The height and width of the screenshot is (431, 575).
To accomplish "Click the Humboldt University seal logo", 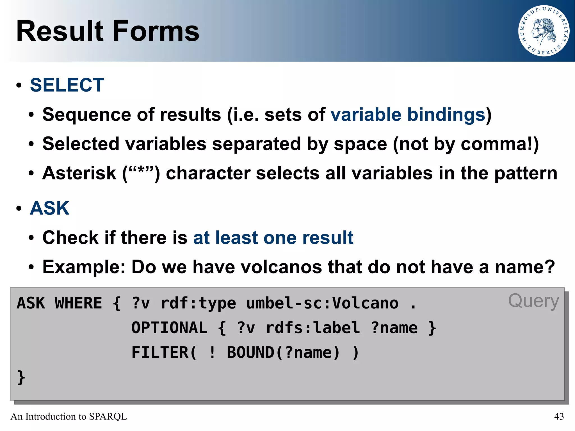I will (x=544, y=31).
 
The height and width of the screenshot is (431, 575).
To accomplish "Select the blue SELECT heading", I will (x=67, y=85).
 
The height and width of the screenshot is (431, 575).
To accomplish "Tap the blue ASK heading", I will (x=49, y=208).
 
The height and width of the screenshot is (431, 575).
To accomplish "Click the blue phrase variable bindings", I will (x=408, y=115).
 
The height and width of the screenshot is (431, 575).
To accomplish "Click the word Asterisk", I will (x=79, y=173).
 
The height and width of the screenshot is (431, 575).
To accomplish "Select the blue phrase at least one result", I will (x=273, y=238).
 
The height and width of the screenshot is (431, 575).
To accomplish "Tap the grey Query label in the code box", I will (x=533, y=301).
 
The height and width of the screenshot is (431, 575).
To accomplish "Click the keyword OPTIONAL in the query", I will (x=169, y=328).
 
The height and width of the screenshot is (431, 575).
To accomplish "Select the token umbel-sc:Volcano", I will (x=322, y=303).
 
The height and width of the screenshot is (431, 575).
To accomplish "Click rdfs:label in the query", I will (x=312, y=328).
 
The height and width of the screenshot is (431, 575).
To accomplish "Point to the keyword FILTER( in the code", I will (x=164, y=352).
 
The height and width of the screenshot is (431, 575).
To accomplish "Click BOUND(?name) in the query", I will (x=283, y=352).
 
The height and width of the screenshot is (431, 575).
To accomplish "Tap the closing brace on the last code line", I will (x=21, y=377).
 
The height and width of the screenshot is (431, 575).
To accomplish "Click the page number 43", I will (x=559, y=416).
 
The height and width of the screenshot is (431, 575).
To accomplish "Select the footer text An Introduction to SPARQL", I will (x=69, y=416).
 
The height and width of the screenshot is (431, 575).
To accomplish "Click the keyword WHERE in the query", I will (x=78, y=303).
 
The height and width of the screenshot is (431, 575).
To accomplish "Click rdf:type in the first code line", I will (x=198, y=303).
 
